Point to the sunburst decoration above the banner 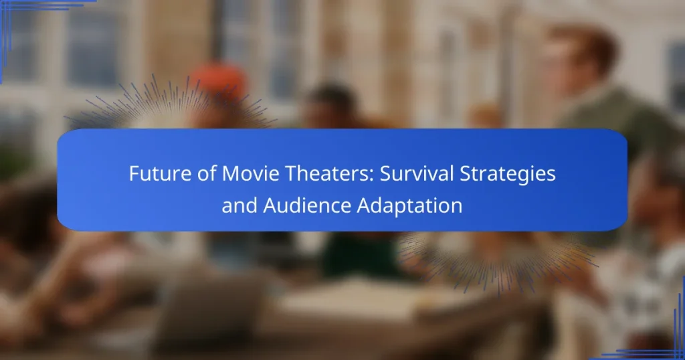(171, 107)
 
